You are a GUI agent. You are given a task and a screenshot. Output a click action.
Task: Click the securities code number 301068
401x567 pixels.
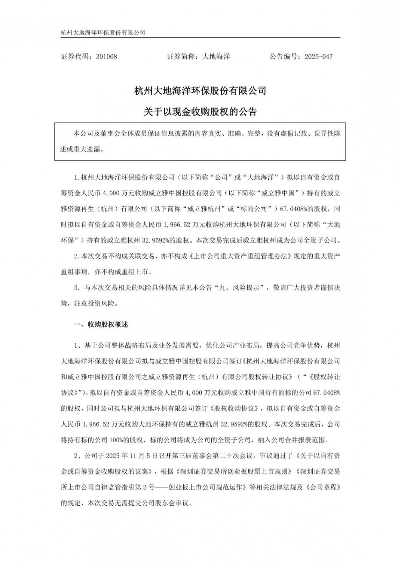click(x=106, y=57)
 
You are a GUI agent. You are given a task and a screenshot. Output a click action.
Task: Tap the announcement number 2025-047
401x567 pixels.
click(x=318, y=57)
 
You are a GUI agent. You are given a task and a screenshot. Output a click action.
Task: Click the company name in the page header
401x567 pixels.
click(x=102, y=32)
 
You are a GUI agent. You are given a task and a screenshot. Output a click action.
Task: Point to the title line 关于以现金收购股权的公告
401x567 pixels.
click(x=200, y=112)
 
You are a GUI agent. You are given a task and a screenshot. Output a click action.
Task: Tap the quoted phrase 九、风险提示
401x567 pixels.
click(x=241, y=288)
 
